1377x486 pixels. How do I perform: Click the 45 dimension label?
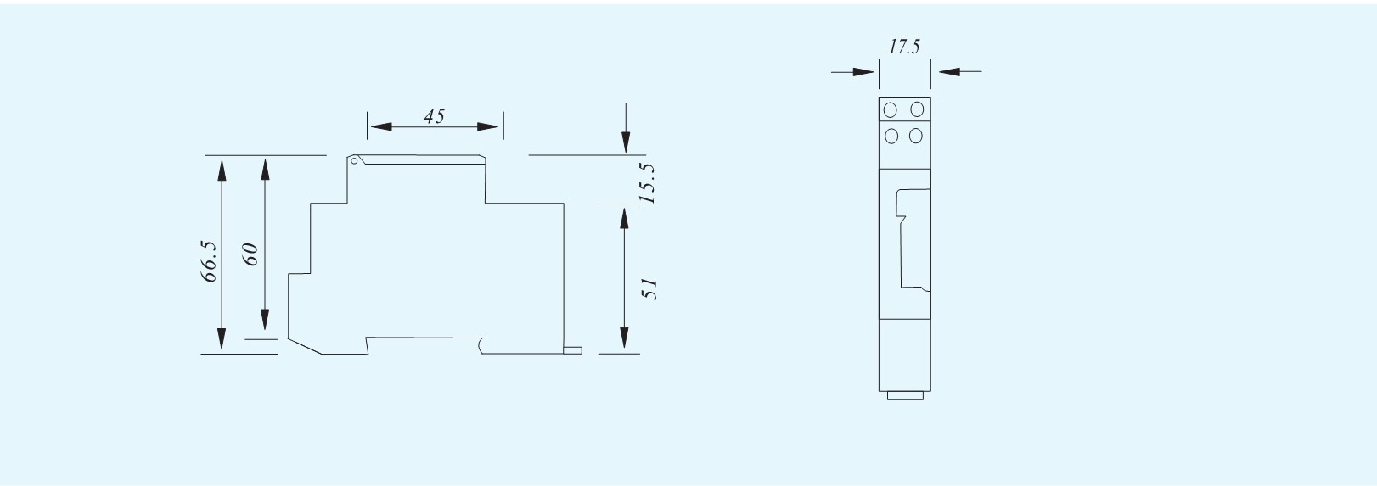[x=434, y=115]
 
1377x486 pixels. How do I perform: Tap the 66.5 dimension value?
[x=209, y=261]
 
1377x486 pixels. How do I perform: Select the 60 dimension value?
[x=250, y=254]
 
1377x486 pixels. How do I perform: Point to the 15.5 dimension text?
[x=647, y=183]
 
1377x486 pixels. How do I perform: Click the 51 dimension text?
[x=649, y=288]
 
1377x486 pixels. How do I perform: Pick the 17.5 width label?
[x=904, y=47]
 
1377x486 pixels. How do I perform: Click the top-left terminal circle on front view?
[x=891, y=110]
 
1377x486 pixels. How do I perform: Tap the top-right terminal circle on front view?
[x=917, y=109]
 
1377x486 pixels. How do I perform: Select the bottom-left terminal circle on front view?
[x=891, y=136]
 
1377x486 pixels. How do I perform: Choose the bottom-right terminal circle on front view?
[x=916, y=135]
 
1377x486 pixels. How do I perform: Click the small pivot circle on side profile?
[x=354, y=161]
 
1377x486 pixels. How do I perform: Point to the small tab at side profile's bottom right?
[x=573, y=350]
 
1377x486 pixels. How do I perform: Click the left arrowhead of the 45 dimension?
[x=381, y=126]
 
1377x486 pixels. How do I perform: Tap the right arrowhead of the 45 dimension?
[x=488, y=126]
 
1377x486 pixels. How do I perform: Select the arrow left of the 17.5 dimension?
[x=852, y=72]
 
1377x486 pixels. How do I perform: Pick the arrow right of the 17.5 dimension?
[x=959, y=72]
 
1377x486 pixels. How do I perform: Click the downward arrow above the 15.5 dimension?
[x=626, y=128]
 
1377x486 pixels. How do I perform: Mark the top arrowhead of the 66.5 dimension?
[x=222, y=170]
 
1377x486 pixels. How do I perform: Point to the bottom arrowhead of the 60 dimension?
[x=265, y=320]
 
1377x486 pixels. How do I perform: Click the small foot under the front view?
[x=905, y=396]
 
